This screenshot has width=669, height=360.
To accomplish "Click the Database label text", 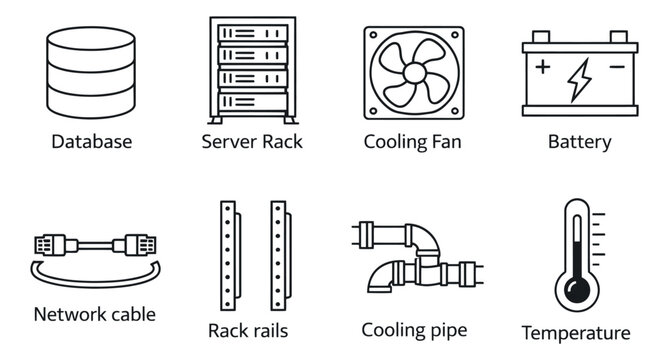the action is click(x=91, y=142).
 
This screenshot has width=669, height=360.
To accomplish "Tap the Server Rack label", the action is click(x=252, y=142).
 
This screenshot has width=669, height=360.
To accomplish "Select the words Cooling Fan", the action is click(x=412, y=142).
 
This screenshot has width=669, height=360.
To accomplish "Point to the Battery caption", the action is click(x=579, y=142).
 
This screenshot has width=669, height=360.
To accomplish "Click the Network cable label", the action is click(x=95, y=314).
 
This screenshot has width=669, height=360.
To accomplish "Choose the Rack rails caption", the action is click(x=248, y=330).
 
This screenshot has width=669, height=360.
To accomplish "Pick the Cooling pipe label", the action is click(x=414, y=329).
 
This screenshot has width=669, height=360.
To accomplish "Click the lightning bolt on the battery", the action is click(x=579, y=80).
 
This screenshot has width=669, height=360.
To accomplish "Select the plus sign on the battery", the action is click(x=543, y=69).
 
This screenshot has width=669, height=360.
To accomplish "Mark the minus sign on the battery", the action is click(x=615, y=69).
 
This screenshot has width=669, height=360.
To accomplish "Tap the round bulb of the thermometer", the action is click(x=577, y=291).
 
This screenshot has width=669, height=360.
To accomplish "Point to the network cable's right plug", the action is click(x=137, y=243).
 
